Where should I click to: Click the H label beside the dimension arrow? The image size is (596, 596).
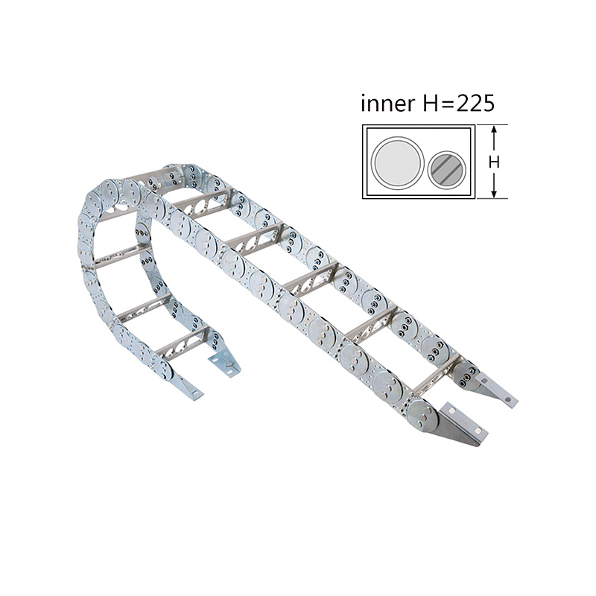(493, 162)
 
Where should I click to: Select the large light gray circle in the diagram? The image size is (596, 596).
(398, 162)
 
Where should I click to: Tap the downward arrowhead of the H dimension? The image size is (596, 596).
(493, 194)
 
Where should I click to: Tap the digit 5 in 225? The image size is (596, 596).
(486, 103)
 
